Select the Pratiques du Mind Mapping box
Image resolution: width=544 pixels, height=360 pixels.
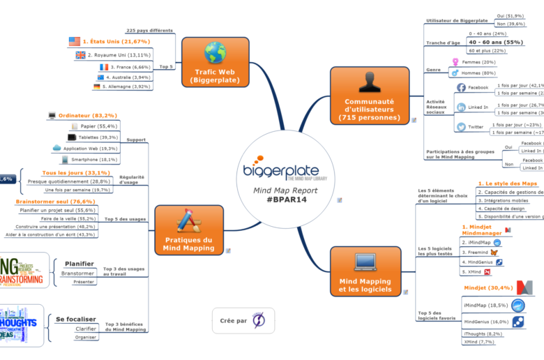pyautogui.click(x=188, y=229)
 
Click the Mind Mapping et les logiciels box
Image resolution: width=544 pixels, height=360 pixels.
pyautogui.click(x=365, y=273)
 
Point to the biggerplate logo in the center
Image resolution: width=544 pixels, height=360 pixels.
pyautogui.click(x=282, y=172)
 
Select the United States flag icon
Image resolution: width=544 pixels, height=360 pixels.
pyautogui.click(x=74, y=42)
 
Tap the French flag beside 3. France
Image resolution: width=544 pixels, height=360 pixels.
pyautogui.click(x=103, y=67)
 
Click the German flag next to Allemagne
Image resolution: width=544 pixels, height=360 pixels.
pyautogui.click(x=97, y=87)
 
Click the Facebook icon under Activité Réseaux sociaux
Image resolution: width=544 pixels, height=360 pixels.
pyautogui.click(x=461, y=88)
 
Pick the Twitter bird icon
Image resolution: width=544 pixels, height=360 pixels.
pyautogui.click(x=461, y=127)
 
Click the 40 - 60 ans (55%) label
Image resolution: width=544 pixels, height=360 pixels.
pyautogui.click(x=495, y=42)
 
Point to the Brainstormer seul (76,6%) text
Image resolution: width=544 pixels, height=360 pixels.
pyautogui.click(x=56, y=202)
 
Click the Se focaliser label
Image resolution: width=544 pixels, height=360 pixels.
pyautogui.click(x=76, y=319)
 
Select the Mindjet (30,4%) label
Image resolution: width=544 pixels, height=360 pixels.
pyautogui.click(x=488, y=287)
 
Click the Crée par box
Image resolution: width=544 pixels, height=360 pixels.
pyautogui.click(x=243, y=320)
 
